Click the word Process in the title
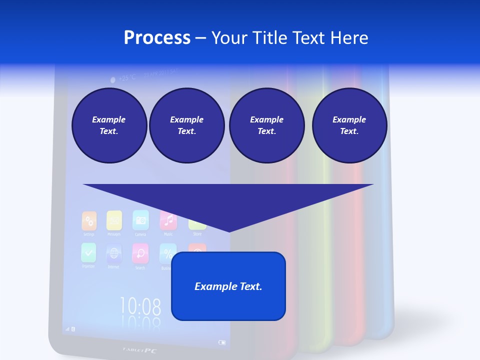157,37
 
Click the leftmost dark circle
109,125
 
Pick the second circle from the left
186,125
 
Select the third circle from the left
266,125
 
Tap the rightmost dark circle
349,125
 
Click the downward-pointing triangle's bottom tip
228,230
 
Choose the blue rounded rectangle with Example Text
228,286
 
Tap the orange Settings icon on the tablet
89,220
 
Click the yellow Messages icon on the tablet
114,219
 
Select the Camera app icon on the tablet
140,219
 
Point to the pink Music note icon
168,219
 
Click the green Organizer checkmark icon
88,252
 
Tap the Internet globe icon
114,253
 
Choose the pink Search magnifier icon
140,253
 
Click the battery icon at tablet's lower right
222,342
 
